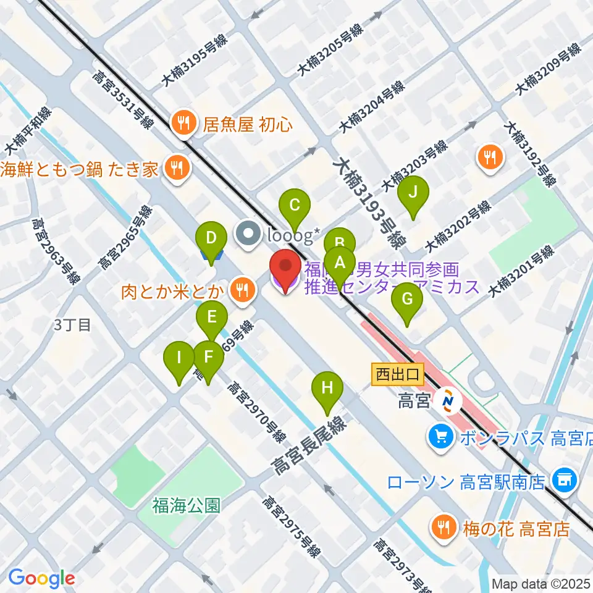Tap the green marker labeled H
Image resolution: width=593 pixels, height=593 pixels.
[x=327, y=389]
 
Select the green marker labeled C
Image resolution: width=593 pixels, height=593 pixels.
[x=295, y=204]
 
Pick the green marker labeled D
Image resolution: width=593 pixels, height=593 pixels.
[x=211, y=238]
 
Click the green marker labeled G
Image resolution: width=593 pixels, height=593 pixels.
[x=407, y=300]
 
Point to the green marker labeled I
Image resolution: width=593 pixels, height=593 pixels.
[x=179, y=358]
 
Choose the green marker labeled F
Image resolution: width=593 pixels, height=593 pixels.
[x=208, y=358]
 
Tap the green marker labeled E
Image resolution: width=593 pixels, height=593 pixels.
[x=211, y=319]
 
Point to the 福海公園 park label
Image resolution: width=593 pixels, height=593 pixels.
[x=187, y=506]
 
